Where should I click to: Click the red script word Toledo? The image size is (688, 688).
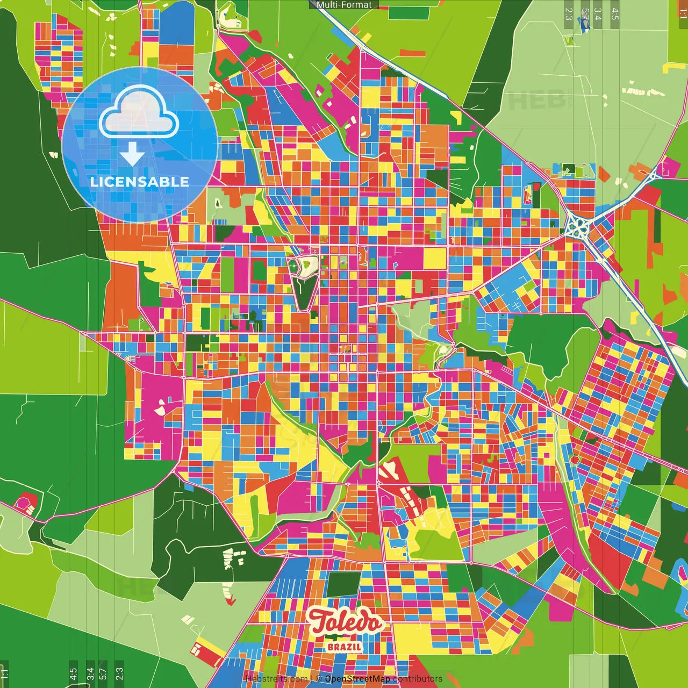[x=346, y=622]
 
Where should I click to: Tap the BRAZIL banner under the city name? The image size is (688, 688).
[x=345, y=647]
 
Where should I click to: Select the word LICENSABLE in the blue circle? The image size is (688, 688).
[x=139, y=182]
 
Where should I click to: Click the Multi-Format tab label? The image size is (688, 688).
[x=344, y=5]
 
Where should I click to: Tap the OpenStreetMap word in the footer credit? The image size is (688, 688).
[x=357, y=679]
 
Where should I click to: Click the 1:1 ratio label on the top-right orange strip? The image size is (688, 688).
[x=683, y=12]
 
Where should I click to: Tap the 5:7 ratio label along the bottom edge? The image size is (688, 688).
[x=103, y=673]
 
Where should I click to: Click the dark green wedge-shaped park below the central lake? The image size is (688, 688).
[x=305, y=293]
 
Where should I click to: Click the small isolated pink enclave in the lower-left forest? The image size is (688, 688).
[x=24, y=504]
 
